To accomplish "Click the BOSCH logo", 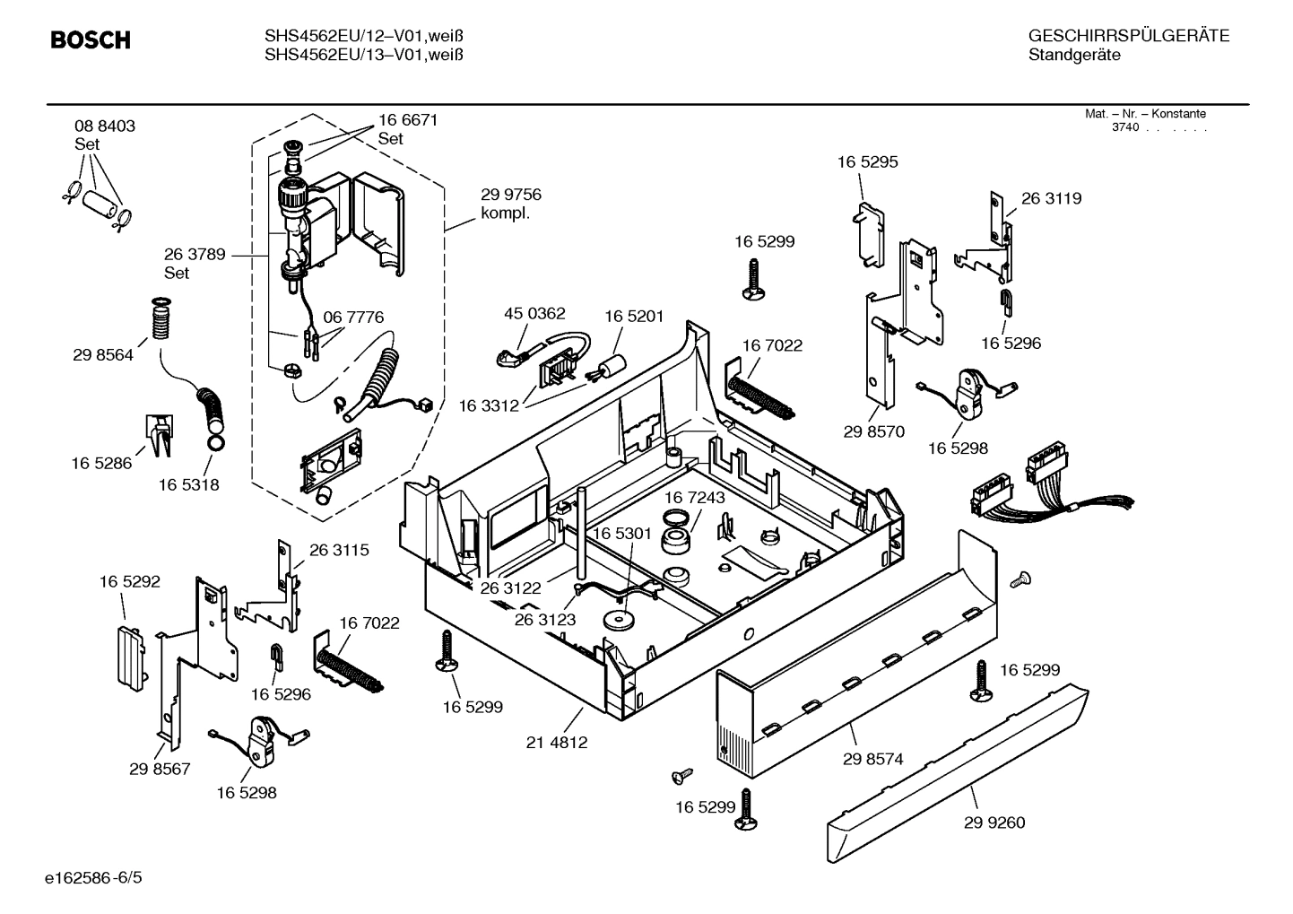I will tap(91, 40).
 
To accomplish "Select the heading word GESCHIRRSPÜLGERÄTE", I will tap(1128, 36).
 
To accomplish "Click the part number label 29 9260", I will tap(994, 823).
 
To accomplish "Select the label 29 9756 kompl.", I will tap(511, 205).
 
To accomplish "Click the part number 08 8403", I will tap(105, 126).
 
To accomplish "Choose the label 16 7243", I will tap(695, 497).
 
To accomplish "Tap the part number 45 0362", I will tap(534, 313).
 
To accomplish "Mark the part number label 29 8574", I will tap(872, 759).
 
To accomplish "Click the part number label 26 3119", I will tap(1051, 198).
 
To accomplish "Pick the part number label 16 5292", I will tap(129, 582).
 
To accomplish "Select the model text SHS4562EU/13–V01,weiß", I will tap(363, 56).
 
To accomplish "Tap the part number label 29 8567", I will tap(160, 769).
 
